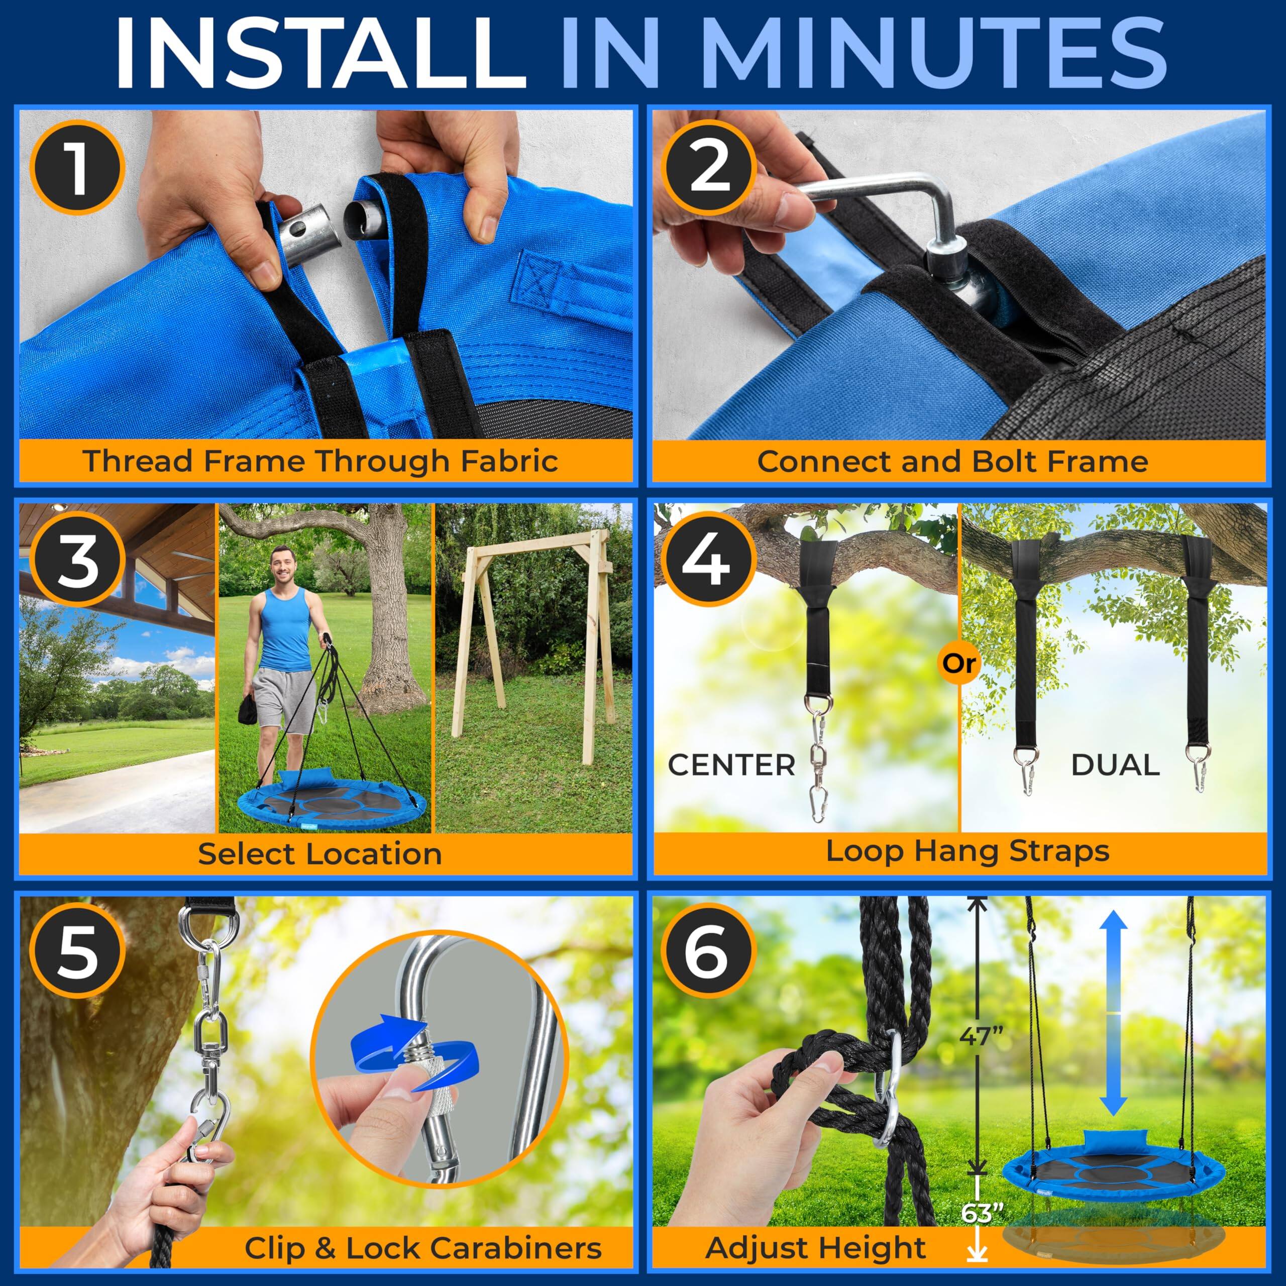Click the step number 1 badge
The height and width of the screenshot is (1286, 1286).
pyautogui.click(x=78, y=167)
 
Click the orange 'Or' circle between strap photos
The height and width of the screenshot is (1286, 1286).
pyautogui.click(x=959, y=663)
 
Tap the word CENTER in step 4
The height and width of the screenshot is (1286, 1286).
pyautogui.click(x=731, y=766)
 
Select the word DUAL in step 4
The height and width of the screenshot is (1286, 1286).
pyautogui.click(x=1115, y=766)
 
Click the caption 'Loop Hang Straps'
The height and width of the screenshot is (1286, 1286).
pyautogui.click(x=967, y=851)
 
